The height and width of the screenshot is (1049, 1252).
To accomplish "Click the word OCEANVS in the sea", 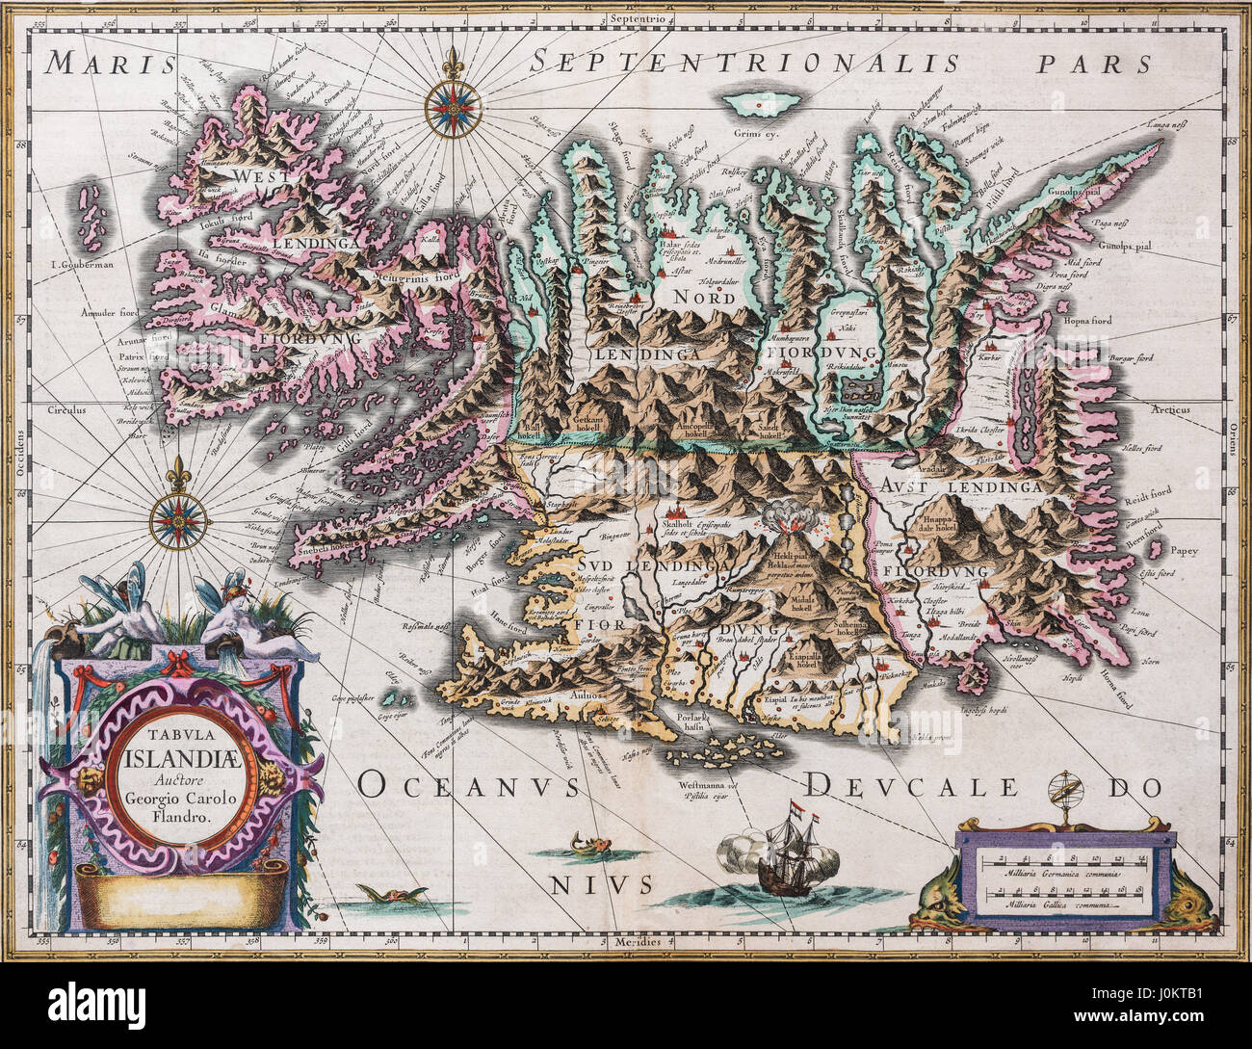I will [x=469, y=786].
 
